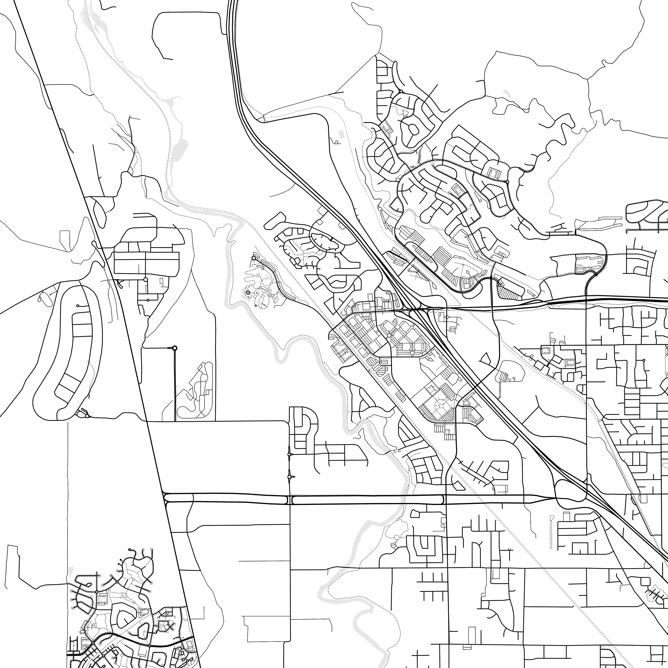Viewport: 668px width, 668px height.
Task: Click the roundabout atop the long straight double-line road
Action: pos(175,348)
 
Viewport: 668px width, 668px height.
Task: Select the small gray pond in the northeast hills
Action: pos(507,94)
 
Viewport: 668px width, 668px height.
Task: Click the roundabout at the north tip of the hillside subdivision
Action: pos(401,91)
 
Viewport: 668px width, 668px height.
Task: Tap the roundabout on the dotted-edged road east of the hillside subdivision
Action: pos(507,181)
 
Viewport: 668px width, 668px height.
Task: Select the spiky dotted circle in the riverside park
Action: pos(247,293)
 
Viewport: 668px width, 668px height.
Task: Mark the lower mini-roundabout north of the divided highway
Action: pos(289,477)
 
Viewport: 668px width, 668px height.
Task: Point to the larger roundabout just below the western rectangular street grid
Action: pos(146,279)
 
